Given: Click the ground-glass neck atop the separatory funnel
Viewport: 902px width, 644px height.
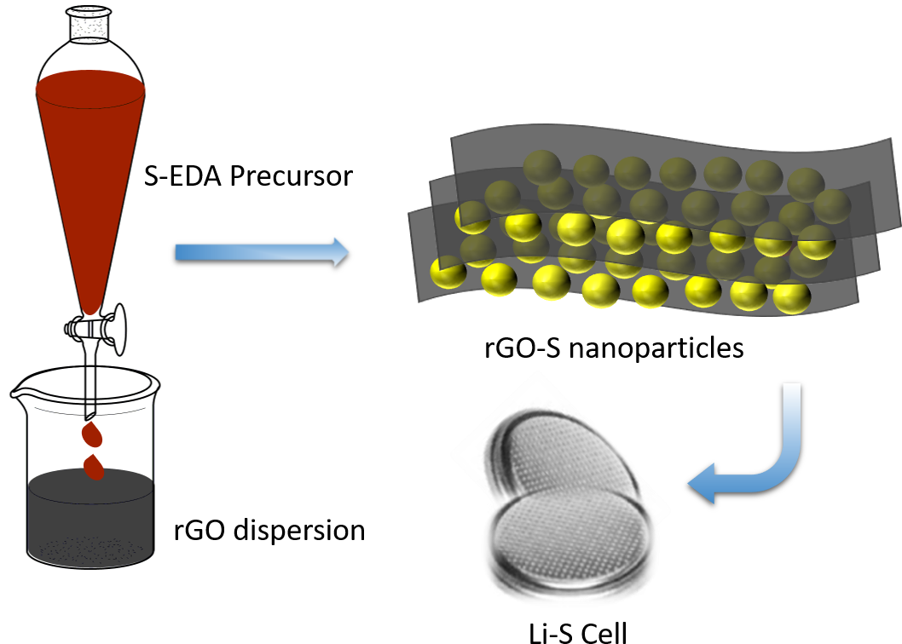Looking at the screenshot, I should pos(89,25).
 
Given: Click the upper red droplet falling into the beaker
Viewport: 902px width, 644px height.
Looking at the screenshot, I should pos(91,435).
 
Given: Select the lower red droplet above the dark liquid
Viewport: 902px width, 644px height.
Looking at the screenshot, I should pos(95,467).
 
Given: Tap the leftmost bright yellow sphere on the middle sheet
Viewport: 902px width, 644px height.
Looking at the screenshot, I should pos(471,218).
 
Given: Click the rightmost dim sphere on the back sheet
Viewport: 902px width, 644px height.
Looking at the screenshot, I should pos(831,207).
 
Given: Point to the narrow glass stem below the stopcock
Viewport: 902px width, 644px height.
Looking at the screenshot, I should pos(90,375).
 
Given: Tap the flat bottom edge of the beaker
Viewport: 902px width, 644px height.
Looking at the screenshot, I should pos(89,566).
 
